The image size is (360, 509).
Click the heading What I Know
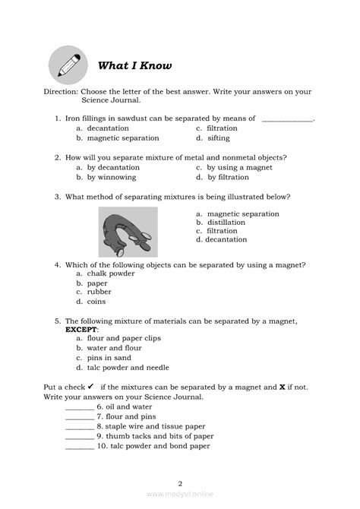pos(135,65)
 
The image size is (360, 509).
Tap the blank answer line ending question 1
pos(287,119)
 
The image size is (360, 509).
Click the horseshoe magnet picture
pos(128,232)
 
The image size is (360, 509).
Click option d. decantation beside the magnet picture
pos(221,239)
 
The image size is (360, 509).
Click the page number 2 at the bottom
pos(180,482)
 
